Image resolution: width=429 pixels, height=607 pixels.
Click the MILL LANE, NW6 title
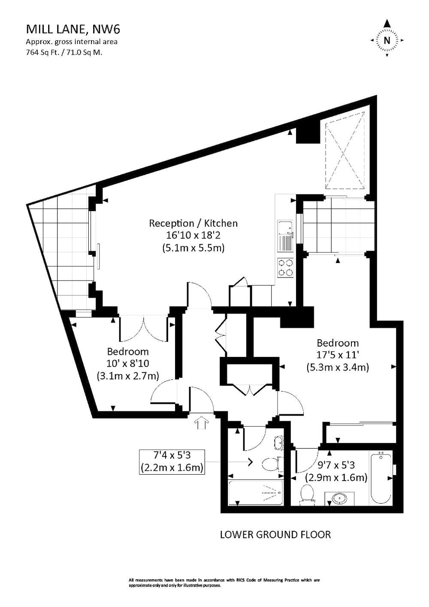coord(73,29)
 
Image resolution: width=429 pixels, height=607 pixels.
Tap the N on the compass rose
coord(387,41)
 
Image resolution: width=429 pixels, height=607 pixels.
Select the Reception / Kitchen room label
coord(193,223)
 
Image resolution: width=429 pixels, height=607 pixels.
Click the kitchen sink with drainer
coord(285,236)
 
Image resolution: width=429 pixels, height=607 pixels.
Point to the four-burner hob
coord(286,268)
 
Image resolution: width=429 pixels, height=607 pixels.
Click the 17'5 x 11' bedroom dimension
coord(337,355)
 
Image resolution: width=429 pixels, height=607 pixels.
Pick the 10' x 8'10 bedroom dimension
coord(127,364)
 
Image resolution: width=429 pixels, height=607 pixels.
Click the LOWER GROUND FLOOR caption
coord(275,535)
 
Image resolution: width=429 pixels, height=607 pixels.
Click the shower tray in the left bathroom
coord(256,492)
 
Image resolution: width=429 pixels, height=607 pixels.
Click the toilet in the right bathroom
coord(308,493)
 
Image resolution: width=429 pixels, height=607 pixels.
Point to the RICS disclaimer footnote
coord(224,583)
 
